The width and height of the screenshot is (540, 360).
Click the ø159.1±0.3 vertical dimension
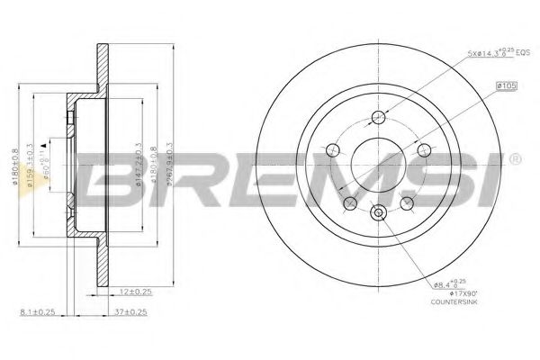31,171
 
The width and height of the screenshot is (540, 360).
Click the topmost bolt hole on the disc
378,117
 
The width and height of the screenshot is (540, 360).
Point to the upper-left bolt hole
334,150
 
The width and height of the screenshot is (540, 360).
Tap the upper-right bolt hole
423,149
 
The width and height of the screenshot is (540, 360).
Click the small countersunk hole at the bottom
378,213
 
